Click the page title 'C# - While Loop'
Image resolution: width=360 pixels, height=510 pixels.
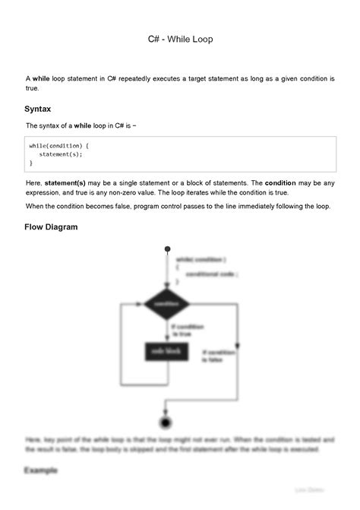(180, 38)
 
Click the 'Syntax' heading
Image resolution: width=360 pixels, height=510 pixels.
(38, 109)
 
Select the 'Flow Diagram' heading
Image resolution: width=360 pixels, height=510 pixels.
(51, 226)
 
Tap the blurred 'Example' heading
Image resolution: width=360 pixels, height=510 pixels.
(41, 470)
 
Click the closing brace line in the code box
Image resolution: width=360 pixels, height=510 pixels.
(31, 163)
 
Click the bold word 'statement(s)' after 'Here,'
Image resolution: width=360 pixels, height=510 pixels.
(68, 183)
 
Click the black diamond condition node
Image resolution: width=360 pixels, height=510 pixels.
(166, 303)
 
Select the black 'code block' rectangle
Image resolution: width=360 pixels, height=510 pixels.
(166, 351)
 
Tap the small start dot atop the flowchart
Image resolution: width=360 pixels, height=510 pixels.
(166, 249)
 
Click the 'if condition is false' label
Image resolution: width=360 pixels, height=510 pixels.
(219, 356)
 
